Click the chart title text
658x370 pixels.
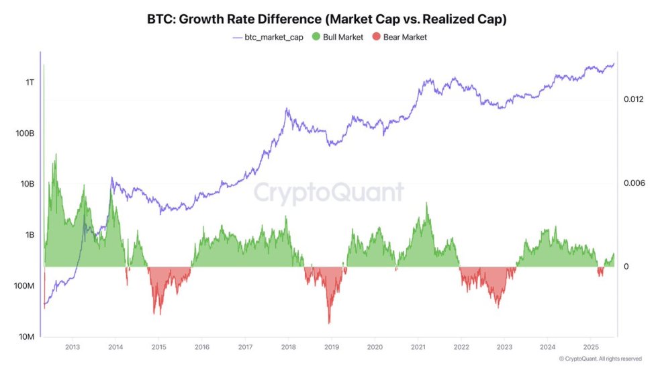[x=326, y=19]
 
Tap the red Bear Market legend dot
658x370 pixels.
[x=375, y=37]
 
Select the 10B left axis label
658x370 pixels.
[x=26, y=184]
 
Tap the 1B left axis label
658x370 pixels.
[x=28, y=235]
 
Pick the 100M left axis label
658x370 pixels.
[x=23, y=286]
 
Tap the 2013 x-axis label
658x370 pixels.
[x=73, y=348]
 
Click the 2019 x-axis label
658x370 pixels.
[x=332, y=348]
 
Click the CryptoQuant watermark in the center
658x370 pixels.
[x=328, y=193]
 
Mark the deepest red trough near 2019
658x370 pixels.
[x=329, y=322]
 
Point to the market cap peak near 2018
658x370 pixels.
[x=287, y=108]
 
